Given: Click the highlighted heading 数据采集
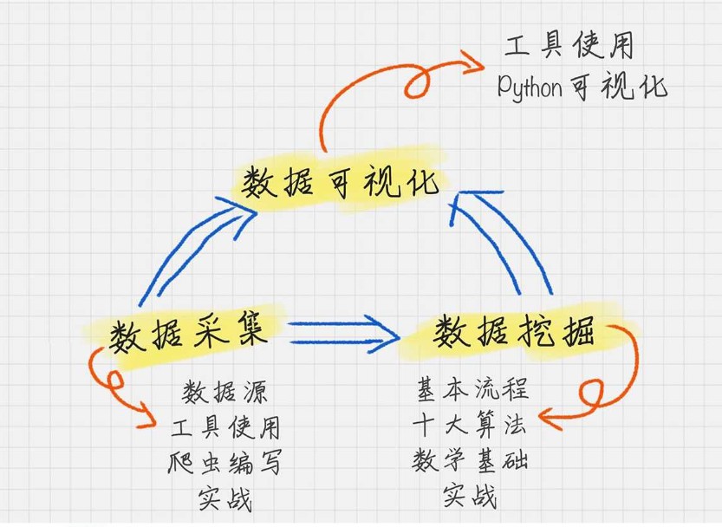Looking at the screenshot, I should point(185,332).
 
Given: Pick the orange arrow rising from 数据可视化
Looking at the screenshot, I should point(347,104).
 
